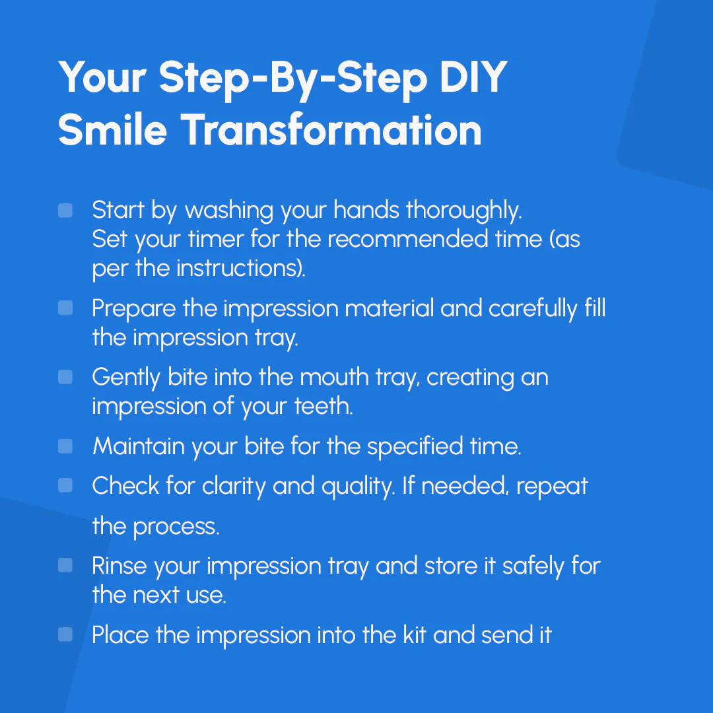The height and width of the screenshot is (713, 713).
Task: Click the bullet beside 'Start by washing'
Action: pos(65,211)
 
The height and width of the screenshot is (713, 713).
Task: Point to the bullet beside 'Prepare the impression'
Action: pos(65,308)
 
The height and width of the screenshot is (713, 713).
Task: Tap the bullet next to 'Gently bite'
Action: pos(65,377)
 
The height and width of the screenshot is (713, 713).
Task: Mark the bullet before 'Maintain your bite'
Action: pos(65,446)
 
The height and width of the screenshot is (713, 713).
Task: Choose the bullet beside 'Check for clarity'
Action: pos(65,485)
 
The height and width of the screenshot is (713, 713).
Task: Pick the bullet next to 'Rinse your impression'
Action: pos(65,565)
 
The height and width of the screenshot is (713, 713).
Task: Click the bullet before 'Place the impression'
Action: pos(65,634)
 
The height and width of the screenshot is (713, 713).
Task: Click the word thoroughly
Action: pos(463,211)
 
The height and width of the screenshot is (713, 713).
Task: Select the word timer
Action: pos(215,239)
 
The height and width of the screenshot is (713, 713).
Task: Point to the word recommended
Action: pos(407,239)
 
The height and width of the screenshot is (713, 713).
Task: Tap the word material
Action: pos(390,308)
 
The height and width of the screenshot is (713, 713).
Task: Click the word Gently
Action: pos(126,378)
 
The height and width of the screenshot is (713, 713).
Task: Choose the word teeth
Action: pos(323,406)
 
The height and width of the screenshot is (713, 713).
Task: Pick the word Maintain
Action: pos(139,446)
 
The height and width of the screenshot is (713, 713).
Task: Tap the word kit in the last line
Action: pos(414,635)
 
